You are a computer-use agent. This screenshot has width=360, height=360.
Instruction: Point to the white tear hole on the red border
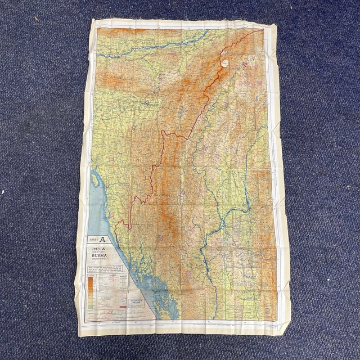tap(226, 61)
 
